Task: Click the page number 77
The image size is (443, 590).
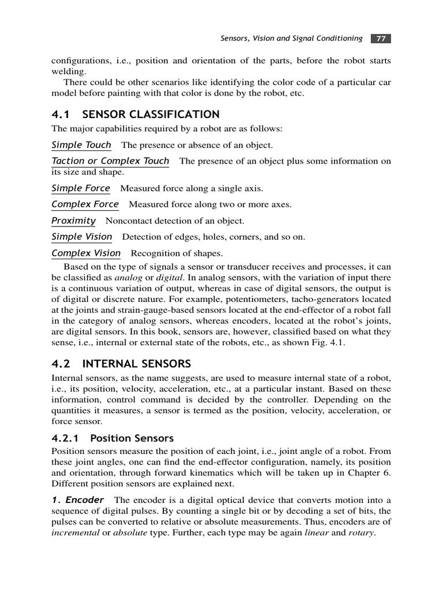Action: pos(380,39)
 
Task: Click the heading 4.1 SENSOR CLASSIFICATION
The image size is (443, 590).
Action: pos(136,114)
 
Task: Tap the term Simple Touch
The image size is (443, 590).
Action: pos(81,145)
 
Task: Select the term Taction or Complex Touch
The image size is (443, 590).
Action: pos(110,161)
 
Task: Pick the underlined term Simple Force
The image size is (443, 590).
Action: pos(81,188)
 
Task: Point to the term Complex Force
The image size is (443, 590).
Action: pos(85,204)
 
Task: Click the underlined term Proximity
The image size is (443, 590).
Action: pos(73,220)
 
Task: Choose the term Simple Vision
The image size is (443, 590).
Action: pos(82,236)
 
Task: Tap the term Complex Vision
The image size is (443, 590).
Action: pos(86,253)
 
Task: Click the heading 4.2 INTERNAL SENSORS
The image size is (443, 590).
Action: pos(121,364)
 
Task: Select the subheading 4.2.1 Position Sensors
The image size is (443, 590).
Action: pos(112,438)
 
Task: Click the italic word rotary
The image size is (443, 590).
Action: pos(361,532)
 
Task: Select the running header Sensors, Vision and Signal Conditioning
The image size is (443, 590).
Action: pos(292,39)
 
